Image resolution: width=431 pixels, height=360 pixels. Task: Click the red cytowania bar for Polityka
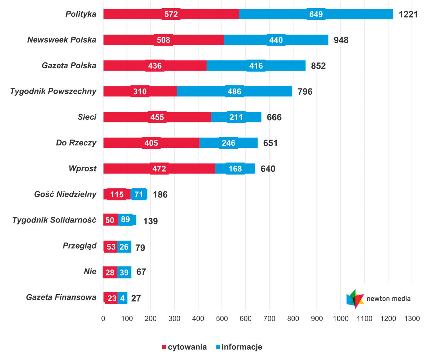[x=137, y=14]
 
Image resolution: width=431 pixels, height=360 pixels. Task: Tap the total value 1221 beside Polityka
[x=408, y=14]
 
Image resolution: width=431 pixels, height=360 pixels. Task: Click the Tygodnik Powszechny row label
[x=53, y=91]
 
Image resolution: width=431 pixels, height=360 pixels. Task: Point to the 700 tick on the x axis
[x=269, y=319]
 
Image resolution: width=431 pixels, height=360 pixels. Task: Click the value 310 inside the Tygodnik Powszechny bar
[x=140, y=92]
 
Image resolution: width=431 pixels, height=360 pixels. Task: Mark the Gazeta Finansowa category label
[x=61, y=297]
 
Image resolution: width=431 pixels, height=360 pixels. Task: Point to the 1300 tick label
[x=412, y=319]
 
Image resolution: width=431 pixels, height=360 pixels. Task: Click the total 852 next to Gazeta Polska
[x=318, y=66]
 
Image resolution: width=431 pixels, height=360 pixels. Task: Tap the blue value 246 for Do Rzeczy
[x=228, y=143]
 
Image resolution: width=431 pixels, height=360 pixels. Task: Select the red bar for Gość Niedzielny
[x=117, y=194]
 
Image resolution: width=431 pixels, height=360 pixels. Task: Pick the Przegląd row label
[x=80, y=246]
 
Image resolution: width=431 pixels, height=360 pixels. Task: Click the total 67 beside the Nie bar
[x=141, y=272]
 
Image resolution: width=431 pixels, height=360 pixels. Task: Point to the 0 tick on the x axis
[x=103, y=319]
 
